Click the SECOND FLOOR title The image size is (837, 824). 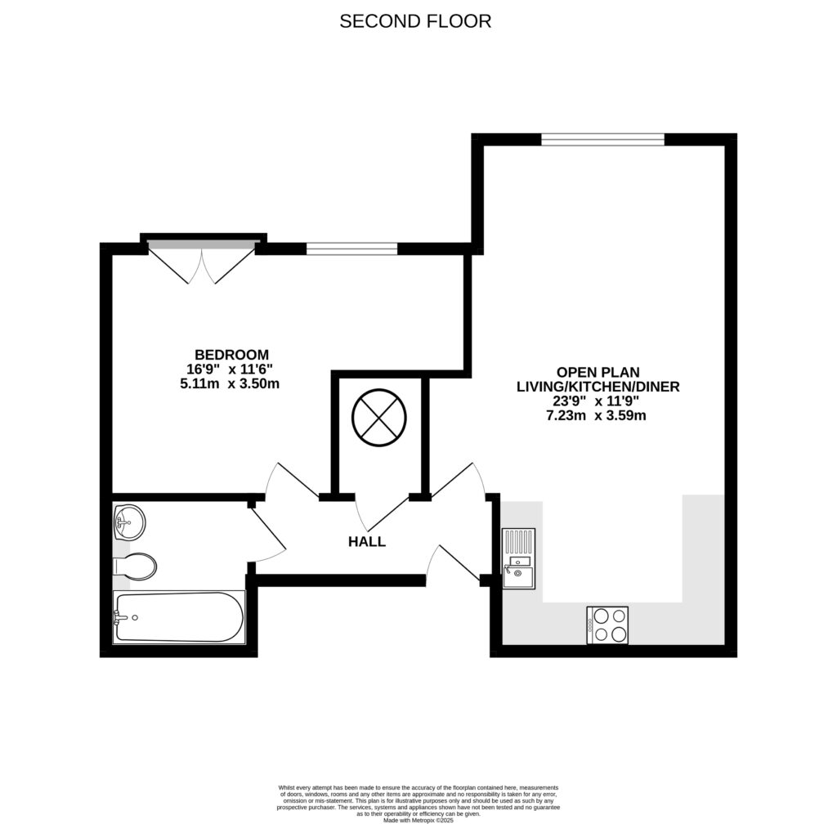(x=415, y=21)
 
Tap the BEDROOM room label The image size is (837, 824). (x=231, y=354)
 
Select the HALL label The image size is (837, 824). (x=366, y=541)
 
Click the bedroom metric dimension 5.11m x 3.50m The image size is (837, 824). (x=231, y=383)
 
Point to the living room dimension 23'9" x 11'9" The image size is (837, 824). (x=597, y=401)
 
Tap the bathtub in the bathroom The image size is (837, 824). (x=178, y=617)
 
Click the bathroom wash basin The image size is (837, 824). (x=128, y=522)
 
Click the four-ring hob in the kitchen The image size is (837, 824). (x=606, y=625)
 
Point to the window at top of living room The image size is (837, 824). (x=602, y=139)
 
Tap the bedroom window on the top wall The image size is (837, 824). (x=351, y=249)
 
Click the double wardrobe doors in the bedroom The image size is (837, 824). (x=201, y=262)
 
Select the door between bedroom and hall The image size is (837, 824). (x=290, y=481)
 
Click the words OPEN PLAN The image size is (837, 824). (x=597, y=371)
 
